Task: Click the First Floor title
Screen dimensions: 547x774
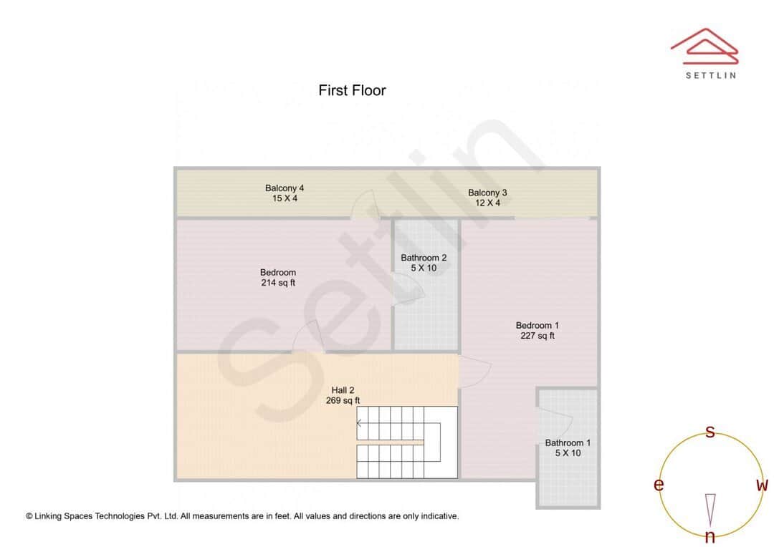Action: [x=352, y=90]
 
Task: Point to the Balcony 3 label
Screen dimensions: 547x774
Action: [x=487, y=193]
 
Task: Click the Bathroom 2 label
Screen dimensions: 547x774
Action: [x=424, y=258]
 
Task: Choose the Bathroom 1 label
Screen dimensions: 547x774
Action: [x=568, y=442]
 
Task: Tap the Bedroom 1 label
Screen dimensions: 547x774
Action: [x=537, y=326]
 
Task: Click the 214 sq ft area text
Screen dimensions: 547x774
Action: [x=278, y=283]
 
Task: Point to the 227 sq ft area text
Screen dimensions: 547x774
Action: [x=537, y=336]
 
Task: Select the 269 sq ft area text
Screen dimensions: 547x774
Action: [x=343, y=401]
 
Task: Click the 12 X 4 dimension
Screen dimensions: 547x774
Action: [x=487, y=203]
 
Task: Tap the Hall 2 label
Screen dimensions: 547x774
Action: [x=343, y=390]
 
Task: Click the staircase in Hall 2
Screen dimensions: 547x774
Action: [x=406, y=442]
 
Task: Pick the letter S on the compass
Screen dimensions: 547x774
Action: [x=710, y=432]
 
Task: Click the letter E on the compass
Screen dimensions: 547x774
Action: [x=658, y=485]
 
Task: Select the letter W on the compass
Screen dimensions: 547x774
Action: [x=762, y=485]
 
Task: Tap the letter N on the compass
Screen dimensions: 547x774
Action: [x=709, y=536]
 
